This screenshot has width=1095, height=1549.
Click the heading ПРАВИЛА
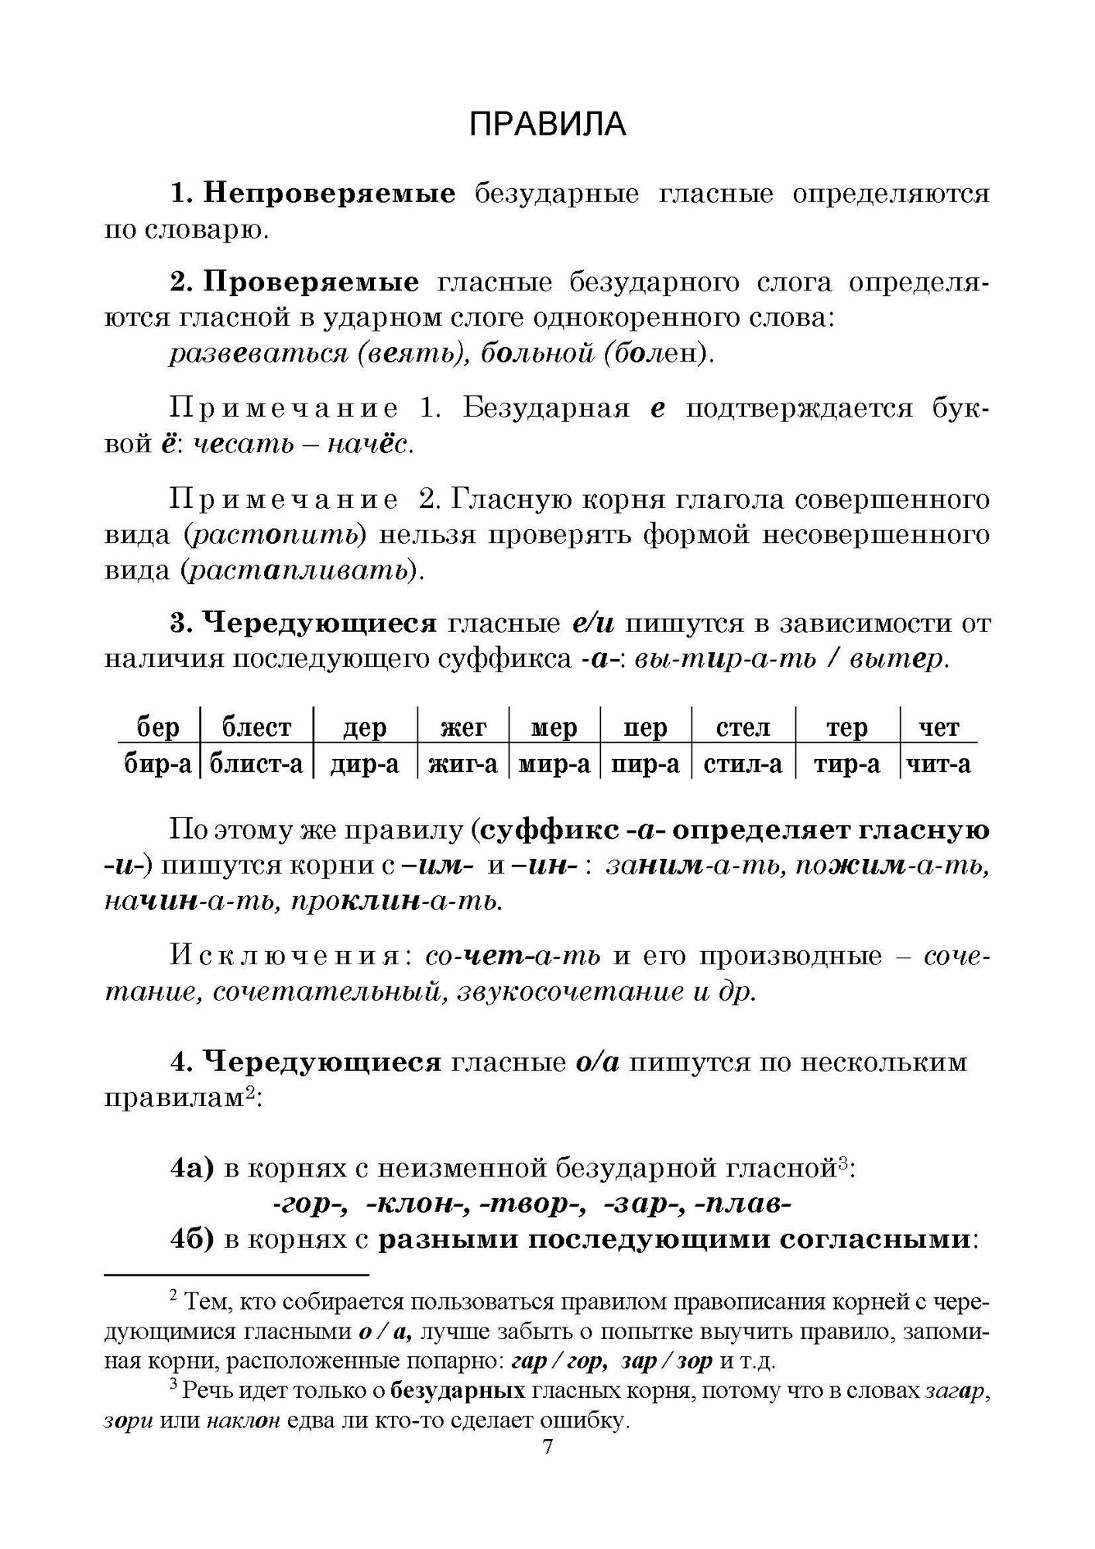coord(547,124)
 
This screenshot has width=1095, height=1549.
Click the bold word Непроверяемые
coord(329,194)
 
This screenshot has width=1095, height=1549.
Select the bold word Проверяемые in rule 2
coord(311,283)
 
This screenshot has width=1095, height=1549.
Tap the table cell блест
coord(256,727)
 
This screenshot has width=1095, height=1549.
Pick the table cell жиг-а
coord(462,764)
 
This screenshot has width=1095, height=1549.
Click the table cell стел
coord(743,727)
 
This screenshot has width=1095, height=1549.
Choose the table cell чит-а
coord(938,764)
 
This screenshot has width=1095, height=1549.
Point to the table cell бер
coord(158,727)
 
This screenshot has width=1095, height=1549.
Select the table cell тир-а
coord(846,764)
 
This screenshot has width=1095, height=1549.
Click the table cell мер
coord(554,727)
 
